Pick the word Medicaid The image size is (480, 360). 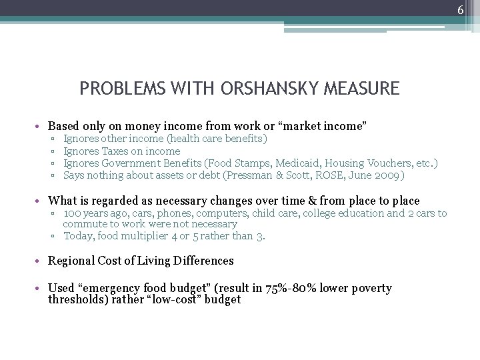click(x=311, y=163)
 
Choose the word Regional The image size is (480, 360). click(x=73, y=261)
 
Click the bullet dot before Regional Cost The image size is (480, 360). click(x=41, y=261)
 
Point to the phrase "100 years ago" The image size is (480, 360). click(x=91, y=213)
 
